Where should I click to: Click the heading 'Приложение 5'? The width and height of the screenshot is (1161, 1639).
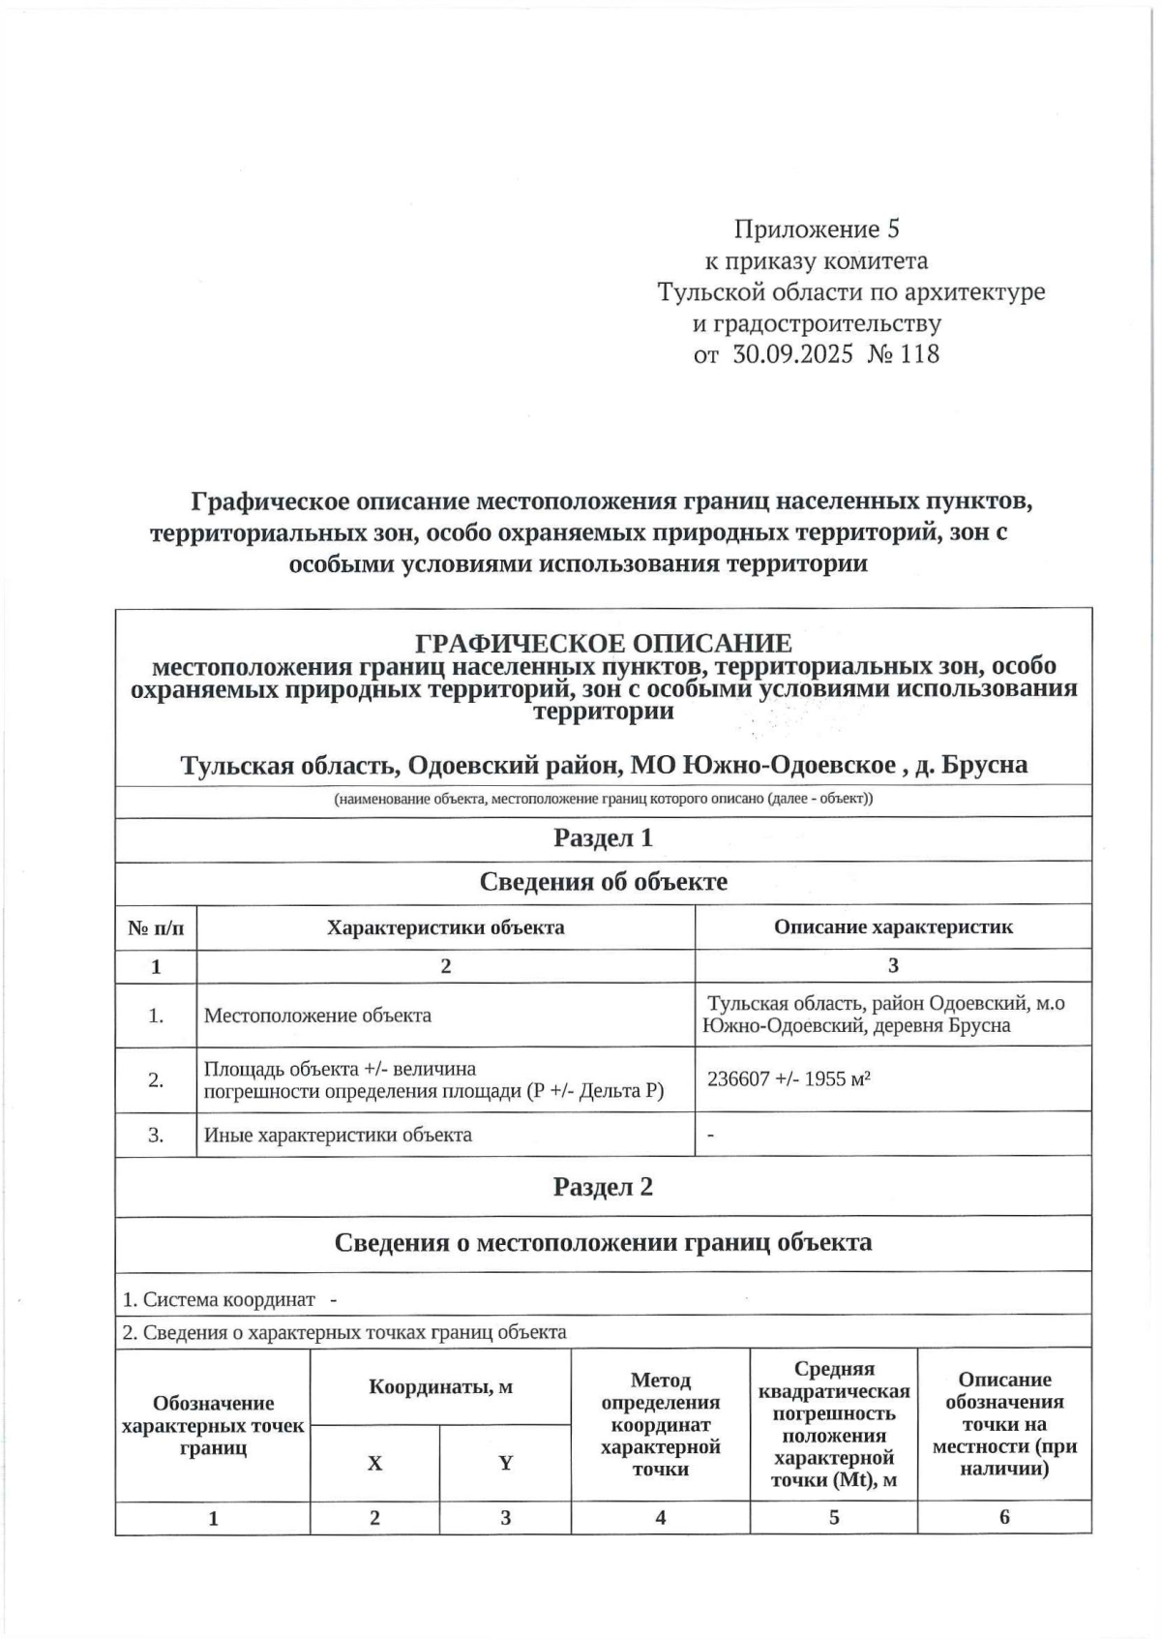(x=818, y=229)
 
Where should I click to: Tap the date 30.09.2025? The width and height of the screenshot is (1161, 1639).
(x=793, y=354)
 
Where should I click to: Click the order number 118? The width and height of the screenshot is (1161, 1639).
(x=919, y=354)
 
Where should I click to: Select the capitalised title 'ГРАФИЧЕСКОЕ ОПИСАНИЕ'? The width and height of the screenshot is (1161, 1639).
(x=603, y=643)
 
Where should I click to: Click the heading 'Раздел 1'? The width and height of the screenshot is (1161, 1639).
(x=603, y=838)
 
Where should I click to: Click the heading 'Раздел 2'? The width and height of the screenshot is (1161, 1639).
(x=603, y=1187)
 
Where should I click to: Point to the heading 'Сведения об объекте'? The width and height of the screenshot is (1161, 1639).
(x=603, y=882)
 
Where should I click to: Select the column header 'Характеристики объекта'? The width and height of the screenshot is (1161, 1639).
(x=445, y=927)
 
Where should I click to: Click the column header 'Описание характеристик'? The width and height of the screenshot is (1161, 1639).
(x=893, y=927)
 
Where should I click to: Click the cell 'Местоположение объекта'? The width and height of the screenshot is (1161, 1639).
(x=317, y=1016)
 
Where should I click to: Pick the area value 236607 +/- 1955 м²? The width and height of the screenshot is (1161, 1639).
(x=789, y=1078)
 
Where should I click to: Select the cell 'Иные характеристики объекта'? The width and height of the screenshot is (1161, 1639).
(x=338, y=1135)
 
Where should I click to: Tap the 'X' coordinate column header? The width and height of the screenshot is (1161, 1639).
(x=374, y=1464)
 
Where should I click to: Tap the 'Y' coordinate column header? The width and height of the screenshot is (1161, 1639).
(x=505, y=1464)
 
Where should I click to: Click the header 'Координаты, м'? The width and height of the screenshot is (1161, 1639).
(x=440, y=1387)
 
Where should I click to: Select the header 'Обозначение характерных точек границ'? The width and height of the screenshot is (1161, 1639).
(x=213, y=1425)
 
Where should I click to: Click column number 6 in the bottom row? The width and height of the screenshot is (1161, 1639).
(x=1004, y=1517)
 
